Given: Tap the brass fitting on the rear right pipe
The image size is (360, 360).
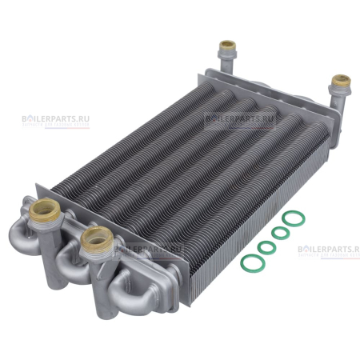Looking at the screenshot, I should (x=342, y=81).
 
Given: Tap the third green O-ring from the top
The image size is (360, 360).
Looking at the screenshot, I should (x=267, y=246).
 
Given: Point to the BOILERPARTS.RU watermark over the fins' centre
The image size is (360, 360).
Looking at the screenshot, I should (x=239, y=117).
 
